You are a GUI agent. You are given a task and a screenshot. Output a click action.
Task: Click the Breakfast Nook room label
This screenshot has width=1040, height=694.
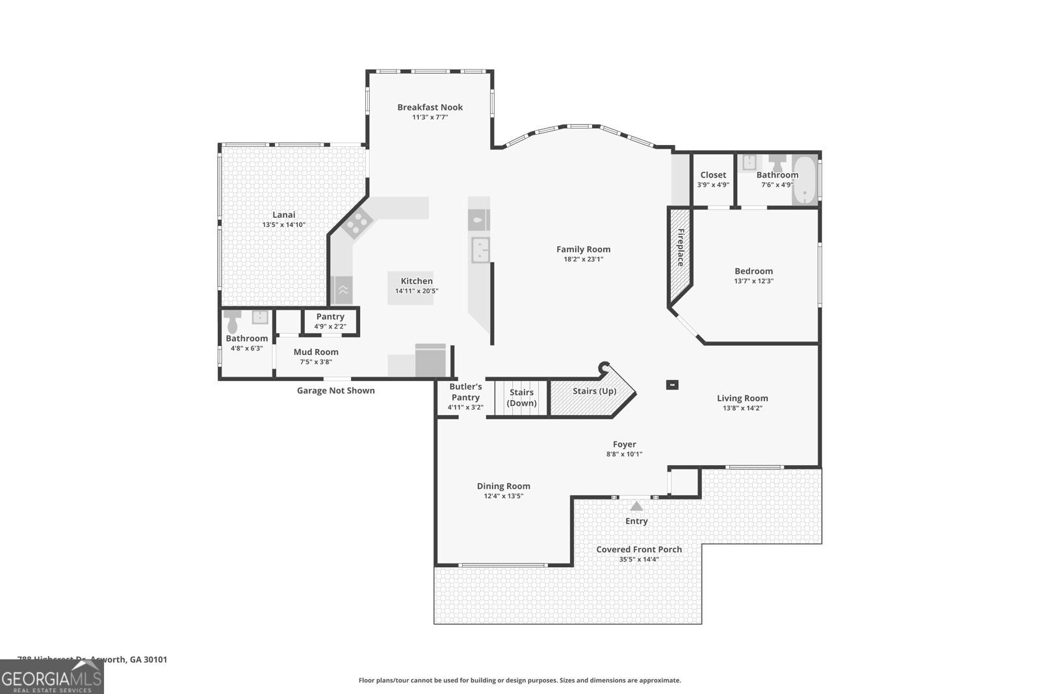click(x=430, y=107)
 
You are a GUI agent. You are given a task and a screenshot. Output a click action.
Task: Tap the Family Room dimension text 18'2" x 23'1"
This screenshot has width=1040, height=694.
click(x=583, y=260)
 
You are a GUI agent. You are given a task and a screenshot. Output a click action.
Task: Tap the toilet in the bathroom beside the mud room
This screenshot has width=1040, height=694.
click(x=232, y=321)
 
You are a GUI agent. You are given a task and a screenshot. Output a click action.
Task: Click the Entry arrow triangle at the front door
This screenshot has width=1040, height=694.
click(x=636, y=505)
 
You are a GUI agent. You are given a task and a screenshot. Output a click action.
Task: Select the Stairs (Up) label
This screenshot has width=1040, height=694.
click(x=594, y=391)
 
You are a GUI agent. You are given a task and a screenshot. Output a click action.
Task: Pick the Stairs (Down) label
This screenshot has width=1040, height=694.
click(x=521, y=397)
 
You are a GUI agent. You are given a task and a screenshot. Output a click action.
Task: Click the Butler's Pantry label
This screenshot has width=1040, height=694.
click(x=465, y=392)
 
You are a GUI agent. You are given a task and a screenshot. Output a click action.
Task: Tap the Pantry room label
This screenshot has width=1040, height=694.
click(x=330, y=317)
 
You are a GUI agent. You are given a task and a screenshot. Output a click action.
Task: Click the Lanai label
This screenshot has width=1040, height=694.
click(x=283, y=215)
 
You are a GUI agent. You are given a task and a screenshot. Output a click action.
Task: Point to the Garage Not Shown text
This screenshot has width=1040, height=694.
click(x=335, y=391)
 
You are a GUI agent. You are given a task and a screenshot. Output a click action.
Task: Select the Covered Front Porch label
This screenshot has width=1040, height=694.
click(x=639, y=550)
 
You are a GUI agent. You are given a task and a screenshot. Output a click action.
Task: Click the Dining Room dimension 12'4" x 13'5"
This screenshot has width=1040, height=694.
click(x=503, y=496)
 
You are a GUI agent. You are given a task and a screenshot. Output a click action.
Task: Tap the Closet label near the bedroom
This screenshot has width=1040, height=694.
click(x=713, y=175)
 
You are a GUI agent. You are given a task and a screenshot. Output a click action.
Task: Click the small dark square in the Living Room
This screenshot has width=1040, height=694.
click(x=672, y=384)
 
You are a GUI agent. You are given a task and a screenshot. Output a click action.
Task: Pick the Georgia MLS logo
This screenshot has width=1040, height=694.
click(x=52, y=677)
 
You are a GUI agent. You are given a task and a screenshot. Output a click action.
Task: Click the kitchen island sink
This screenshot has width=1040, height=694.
click(x=480, y=250)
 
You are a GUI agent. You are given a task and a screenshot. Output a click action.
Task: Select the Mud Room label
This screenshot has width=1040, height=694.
click(x=316, y=352)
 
